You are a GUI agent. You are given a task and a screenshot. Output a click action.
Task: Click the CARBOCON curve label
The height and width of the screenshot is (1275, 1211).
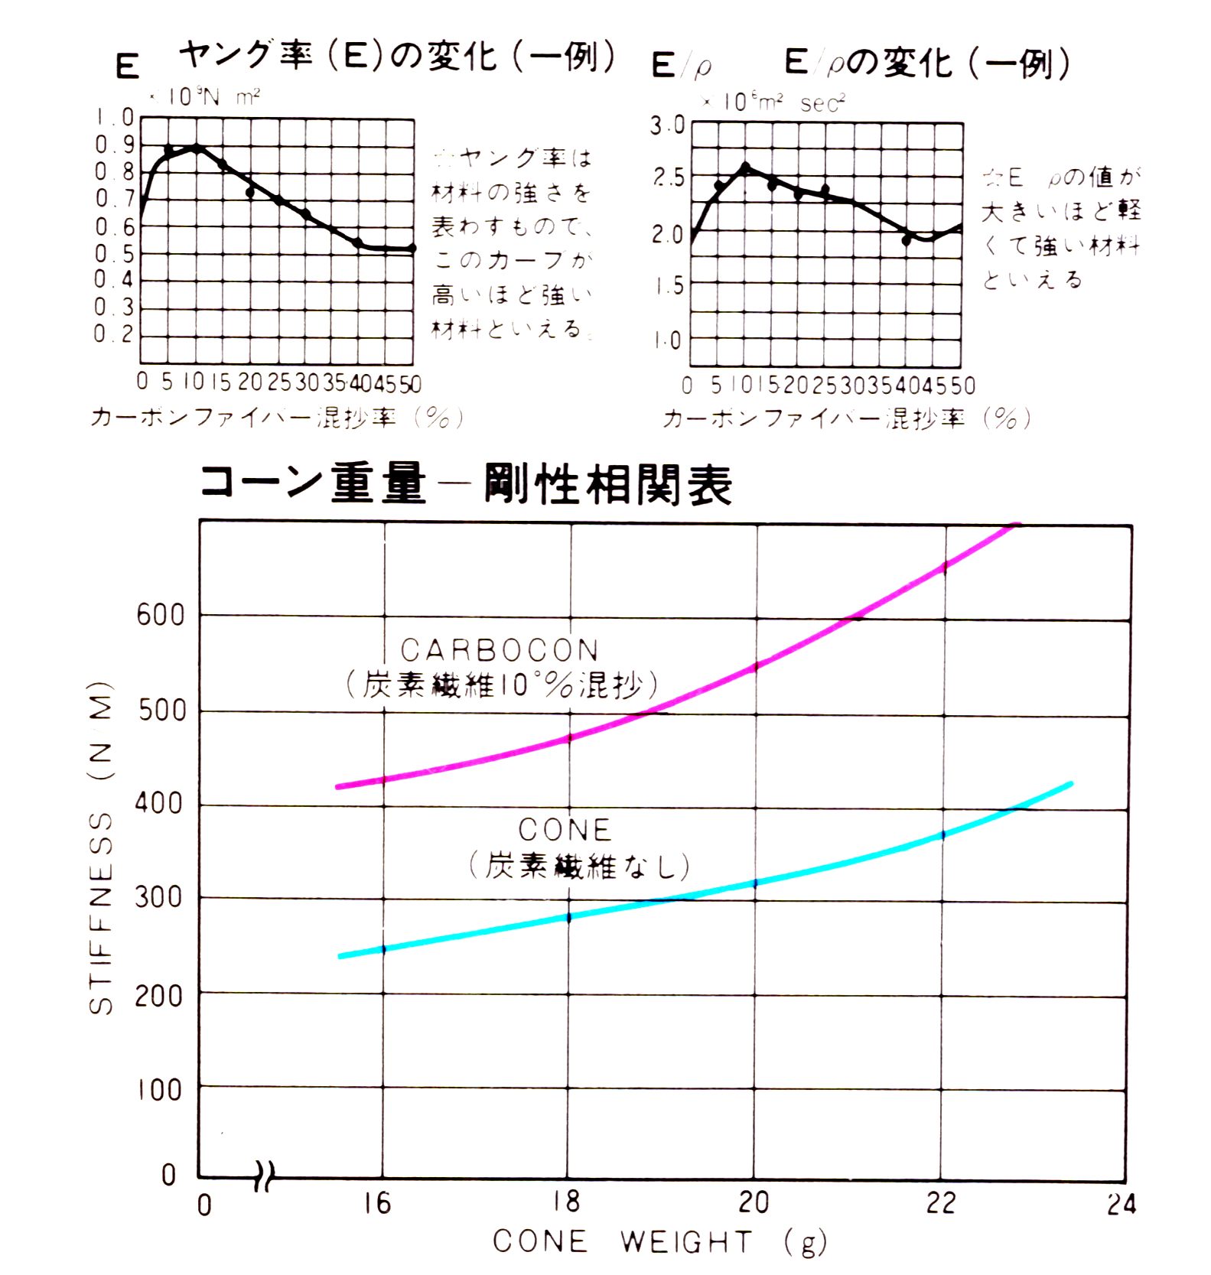500,650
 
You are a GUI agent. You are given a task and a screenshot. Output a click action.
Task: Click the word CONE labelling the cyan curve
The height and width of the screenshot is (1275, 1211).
565,830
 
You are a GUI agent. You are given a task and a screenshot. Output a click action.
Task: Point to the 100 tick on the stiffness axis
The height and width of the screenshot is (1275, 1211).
160,1089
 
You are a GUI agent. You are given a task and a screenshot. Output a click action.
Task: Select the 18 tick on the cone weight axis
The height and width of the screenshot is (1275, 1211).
567,1203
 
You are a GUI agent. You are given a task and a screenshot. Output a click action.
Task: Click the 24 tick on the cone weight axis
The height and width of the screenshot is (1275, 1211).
1121,1205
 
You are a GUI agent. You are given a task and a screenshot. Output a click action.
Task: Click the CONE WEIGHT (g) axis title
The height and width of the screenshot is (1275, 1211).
659,1242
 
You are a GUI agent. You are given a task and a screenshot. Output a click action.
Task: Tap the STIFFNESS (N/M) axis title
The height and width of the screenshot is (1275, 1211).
102,847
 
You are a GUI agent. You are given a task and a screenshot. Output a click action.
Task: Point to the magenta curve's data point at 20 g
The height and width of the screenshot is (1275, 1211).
756,667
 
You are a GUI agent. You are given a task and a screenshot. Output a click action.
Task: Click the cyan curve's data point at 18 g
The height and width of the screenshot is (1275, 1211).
568,917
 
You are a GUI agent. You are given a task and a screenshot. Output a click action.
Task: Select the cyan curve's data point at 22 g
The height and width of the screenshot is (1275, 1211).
942,834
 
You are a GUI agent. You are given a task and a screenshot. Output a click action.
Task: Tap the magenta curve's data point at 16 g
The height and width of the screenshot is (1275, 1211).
383,779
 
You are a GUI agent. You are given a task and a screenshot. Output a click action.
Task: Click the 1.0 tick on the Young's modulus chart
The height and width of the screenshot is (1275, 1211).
115,118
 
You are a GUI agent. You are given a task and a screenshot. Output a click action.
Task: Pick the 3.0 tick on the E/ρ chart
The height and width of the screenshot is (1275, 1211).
667,125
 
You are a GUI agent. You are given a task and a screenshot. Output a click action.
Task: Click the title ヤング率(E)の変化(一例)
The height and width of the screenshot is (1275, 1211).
397,56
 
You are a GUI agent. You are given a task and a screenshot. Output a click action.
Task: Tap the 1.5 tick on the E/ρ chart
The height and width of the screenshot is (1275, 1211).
667,287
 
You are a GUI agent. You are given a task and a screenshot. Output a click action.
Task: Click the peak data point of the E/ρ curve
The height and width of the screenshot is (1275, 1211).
745,167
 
